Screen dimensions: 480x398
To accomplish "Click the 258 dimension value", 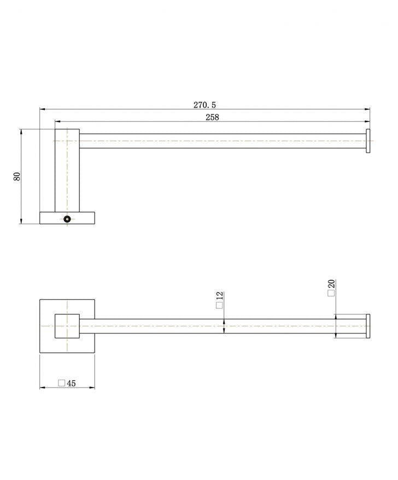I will (x=212, y=118).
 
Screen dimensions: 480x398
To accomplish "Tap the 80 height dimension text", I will (x=17, y=177).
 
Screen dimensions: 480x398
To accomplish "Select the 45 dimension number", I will (x=71, y=383).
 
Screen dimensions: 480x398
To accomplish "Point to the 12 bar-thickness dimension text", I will (x=220, y=297).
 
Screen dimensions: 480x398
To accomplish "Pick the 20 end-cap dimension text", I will (x=331, y=284).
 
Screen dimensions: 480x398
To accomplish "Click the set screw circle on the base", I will (x=67, y=219).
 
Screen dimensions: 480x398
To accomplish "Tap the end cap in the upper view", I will (x=368, y=141).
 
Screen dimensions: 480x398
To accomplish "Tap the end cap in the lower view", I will (x=368, y=326).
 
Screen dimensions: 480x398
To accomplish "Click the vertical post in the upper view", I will (x=67, y=169).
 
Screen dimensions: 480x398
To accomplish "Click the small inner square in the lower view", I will (x=67, y=326).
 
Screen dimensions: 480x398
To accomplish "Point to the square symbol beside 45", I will (x=61, y=383).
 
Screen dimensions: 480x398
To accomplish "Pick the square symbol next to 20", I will (x=331, y=294).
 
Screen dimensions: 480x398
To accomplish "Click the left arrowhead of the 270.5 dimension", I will (x=42, y=109).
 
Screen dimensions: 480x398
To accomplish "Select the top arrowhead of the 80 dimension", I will (x=21, y=132).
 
